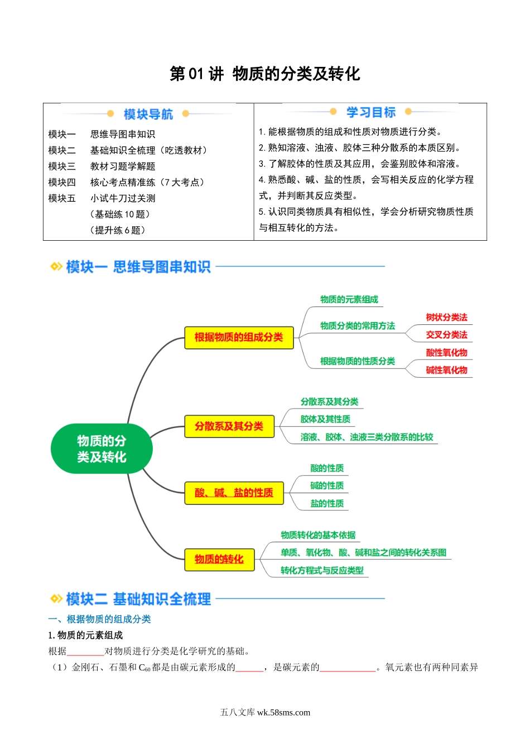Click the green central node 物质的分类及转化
click(x=102, y=449)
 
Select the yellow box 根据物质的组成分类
click(x=239, y=337)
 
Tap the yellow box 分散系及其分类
click(x=229, y=426)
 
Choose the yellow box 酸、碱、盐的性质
click(x=234, y=493)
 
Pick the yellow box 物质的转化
click(x=219, y=559)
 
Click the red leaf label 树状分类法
click(x=446, y=317)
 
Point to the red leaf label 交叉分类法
click(x=446, y=334)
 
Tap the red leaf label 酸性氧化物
click(x=446, y=352)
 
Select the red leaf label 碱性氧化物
click(x=446, y=370)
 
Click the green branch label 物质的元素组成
click(x=349, y=299)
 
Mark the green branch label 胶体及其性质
click(x=325, y=419)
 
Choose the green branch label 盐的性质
click(x=327, y=503)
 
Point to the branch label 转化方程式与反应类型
click(x=322, y=570)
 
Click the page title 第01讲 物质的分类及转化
click(x=265, y=74)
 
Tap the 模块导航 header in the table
click(x=148, y=114)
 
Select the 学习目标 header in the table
click(x=371, y=113)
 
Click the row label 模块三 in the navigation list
click(x=62, y=166)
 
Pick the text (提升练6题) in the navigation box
click(x=117, y=230)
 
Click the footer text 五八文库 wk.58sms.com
click(x=265, y=712)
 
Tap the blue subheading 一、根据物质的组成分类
click(x=100, y=619)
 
